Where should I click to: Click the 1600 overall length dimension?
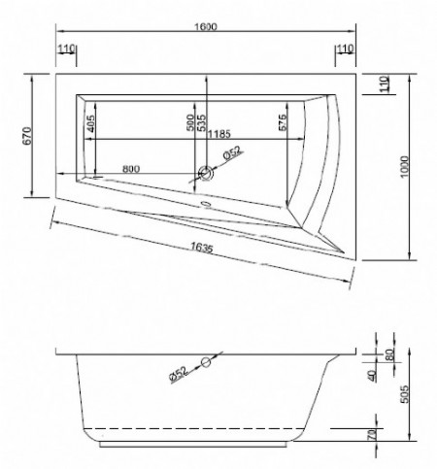pos(205,25)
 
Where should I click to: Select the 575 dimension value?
pos(283,124)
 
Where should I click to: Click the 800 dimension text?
pos(129,169)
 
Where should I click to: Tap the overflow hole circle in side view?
pos(205,362)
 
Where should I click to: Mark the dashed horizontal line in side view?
pos(194,428)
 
